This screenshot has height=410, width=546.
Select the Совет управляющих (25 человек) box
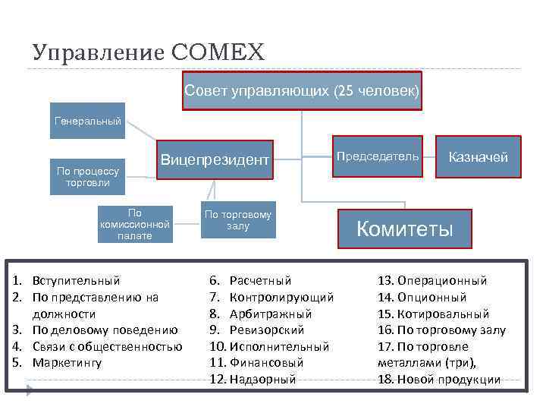tap(301, 91)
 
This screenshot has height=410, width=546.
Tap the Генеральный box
tap(88, 121)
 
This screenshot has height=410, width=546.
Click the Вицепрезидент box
tap(215, 159)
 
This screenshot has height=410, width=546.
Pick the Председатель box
tap(377, 156)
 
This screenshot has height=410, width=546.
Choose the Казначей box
tap(479, 157)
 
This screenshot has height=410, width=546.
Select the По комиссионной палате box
tap(135, 224)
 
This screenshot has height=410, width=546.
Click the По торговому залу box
tap(237, 220)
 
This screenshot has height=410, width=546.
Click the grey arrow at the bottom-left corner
tap(30, 392)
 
